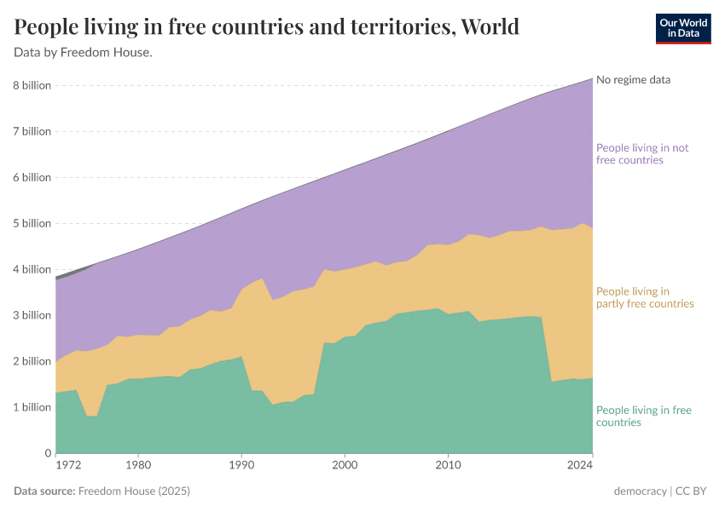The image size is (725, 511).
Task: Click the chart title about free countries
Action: tap(266, 26)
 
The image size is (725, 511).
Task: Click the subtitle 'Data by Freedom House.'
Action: tap(83, 53)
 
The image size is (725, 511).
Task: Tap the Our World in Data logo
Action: tap(682, 28)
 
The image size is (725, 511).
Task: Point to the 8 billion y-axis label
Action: tap(32, 85)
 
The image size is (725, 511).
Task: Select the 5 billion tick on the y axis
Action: tap(32, 223)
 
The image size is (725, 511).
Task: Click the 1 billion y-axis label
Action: tap(32, 407)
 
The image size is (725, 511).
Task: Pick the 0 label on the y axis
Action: tap(48, 453)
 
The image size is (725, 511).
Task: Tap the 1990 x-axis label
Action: tap(241, 466)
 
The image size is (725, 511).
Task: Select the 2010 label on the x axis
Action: tap(447, 466)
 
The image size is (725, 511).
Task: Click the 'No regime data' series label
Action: tap(633, 80)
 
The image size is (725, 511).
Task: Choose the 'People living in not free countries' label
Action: tap(641, 153)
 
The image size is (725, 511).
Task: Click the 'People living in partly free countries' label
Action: tap(644, 297)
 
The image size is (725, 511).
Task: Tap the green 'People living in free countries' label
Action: tap(643, 416)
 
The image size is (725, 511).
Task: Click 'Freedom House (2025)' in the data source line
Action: tap(134, 491)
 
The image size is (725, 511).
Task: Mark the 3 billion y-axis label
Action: tap(32, 315)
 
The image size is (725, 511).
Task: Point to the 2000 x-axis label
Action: tap(344, 466)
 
